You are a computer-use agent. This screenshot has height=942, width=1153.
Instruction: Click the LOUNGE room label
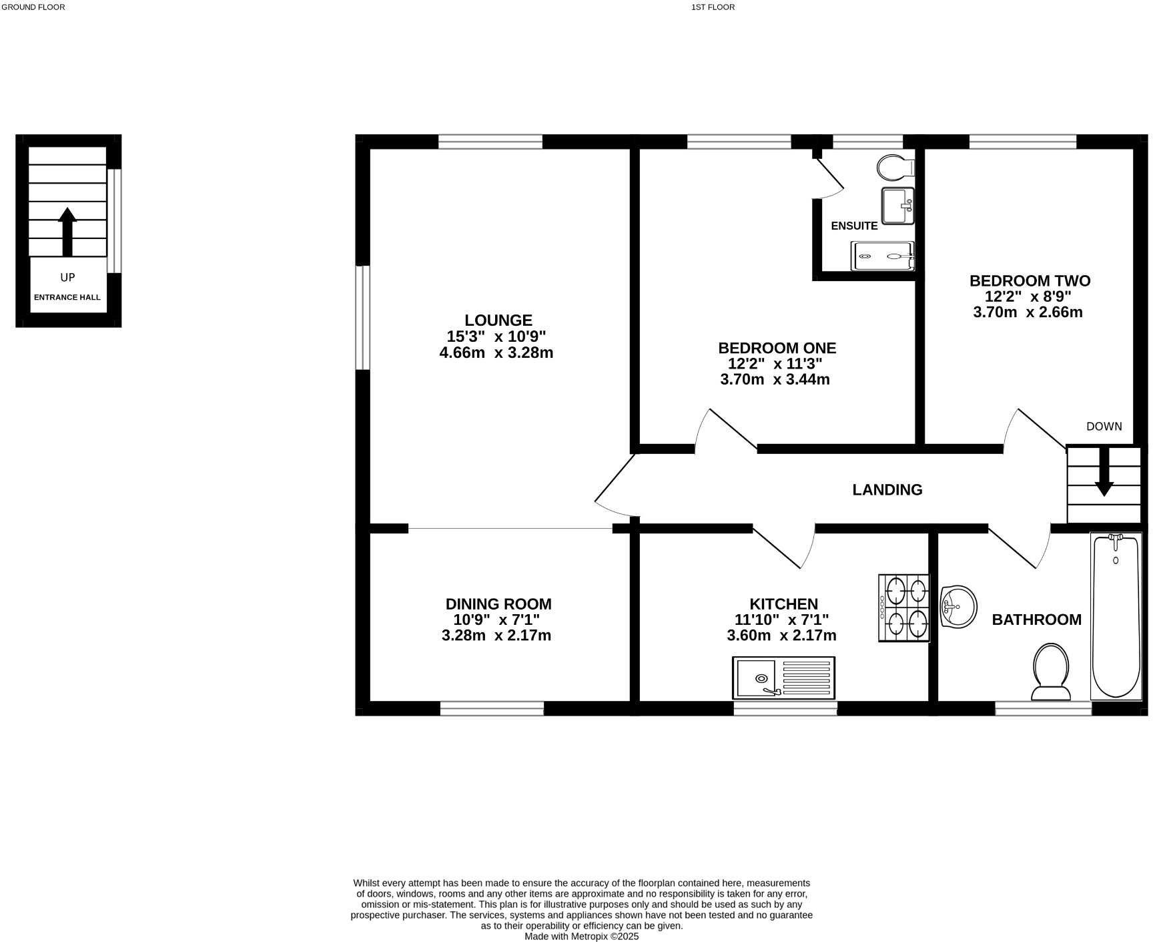click(x=498, y=320)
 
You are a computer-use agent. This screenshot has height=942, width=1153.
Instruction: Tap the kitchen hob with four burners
click(x=904, y=608)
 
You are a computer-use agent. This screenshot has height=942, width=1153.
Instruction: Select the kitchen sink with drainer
click(x=783, y=678)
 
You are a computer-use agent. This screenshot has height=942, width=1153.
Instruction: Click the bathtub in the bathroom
click(x=1116, y=616)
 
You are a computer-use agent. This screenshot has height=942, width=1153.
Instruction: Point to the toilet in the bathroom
click(x=1050, y=671)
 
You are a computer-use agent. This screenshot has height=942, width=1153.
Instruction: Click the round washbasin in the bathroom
click(x=957, y=606)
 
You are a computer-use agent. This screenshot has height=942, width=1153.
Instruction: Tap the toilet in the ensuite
click(x=895, y=168)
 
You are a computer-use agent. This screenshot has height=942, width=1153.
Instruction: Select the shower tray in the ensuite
click(x=882, y=256)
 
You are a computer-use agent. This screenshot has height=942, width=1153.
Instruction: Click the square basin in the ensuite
click(x=897, y=206)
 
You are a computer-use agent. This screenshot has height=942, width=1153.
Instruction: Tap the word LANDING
click(x=887, y=490)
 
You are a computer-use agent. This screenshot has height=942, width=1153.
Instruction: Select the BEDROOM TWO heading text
click(x=1030, y=281)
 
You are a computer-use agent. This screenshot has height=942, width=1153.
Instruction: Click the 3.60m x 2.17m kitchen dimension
click(x=781, y=636)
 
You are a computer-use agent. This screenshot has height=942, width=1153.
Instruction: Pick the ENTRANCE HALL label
click(x=67, y=298)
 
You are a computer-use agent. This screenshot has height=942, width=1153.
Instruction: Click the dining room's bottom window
click(x=492, y=708)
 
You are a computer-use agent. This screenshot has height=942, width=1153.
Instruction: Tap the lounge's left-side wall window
click(x=362, y=318)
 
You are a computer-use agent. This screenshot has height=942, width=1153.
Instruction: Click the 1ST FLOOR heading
click(x=713, y=7)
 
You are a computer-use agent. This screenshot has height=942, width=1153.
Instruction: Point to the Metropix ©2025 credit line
click(x=581, y=936)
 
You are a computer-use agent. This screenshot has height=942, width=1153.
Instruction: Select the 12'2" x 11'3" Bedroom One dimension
click(x=775, y=364)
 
